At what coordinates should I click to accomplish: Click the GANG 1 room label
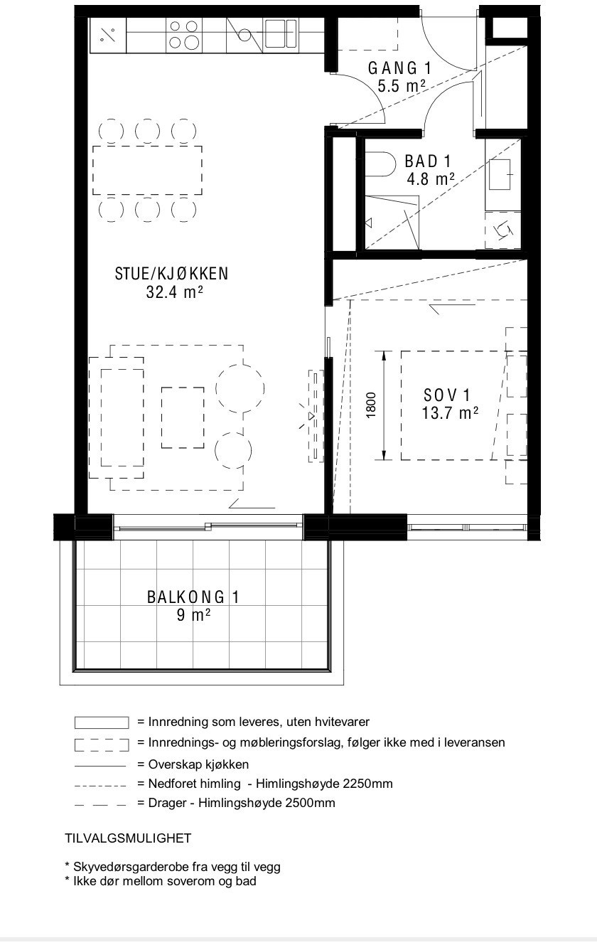click(399, 68)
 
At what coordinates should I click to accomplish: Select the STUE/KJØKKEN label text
click(171, 274)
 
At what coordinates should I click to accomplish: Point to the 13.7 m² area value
click(450, 414)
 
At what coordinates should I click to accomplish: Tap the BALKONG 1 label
click(193, 597)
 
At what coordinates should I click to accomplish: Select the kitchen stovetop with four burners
click(183, 34)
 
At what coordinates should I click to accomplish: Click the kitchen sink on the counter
click(280, 33)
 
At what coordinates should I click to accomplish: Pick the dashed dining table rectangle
click(147, 170)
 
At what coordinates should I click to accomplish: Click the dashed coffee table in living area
click(183, 417)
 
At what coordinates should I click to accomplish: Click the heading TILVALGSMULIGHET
click(128, 838)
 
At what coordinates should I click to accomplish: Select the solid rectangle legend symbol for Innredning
click(102, 722)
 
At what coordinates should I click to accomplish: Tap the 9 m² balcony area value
click(193, 615)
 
